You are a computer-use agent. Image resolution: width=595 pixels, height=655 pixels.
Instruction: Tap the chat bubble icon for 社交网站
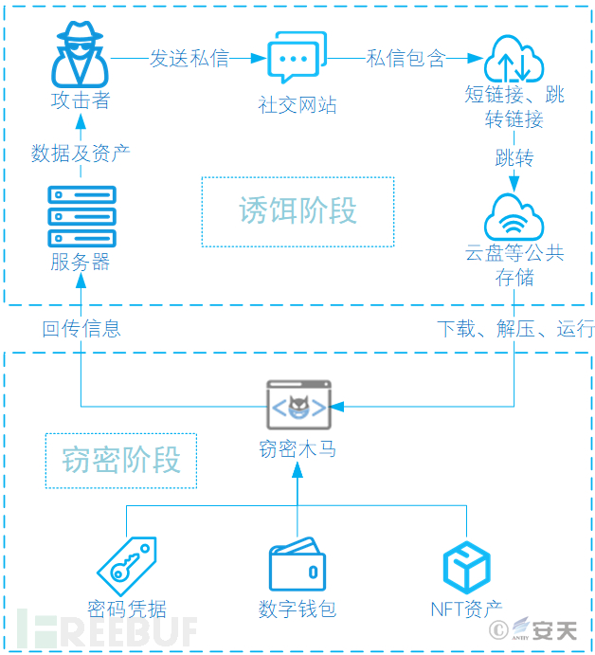(297, 58)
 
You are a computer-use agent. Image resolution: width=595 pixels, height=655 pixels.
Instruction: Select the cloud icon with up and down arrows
(514, 59)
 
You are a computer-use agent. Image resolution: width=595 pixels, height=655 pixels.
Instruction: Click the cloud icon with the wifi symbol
(514, 218)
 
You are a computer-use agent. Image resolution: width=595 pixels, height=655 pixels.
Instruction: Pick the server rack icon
(81, 217)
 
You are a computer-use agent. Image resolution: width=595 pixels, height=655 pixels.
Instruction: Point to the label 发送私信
(189, 58)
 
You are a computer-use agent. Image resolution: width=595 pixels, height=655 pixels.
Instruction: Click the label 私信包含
(406, 58)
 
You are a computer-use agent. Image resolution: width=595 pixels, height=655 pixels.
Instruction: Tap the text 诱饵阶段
(297, 210)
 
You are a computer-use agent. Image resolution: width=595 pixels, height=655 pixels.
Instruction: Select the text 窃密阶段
(121, 460)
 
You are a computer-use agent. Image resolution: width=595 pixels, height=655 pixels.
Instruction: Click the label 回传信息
(81, 329)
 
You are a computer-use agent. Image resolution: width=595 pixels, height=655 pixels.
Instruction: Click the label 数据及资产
(81, 153)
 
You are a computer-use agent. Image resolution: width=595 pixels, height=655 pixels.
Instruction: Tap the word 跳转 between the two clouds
(514, 156)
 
